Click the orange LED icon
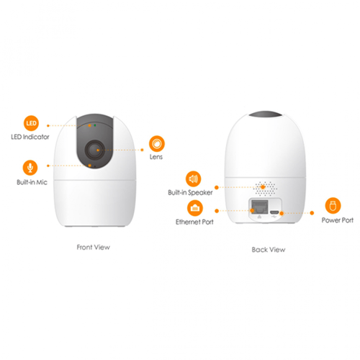pos(31,123)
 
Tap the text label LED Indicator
pos(30,137)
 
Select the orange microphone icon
pos(30,168)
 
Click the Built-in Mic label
pos(32,182)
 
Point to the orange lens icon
pos(157,143)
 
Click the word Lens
pos(156,157)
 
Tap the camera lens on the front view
pos(95,150)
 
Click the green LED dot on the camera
pos(95,125)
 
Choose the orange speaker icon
pos(193,179)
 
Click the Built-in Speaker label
pos(190,192)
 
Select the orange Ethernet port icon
pos(195,208)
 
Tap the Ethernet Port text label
pos(194,222)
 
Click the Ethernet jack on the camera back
pos(259,207)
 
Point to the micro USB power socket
pos(274,212)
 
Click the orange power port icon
pos(333,206)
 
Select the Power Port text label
pos(338,220)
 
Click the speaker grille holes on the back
pos(265,189)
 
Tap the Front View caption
pos(94,247)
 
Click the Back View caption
pos(269,250)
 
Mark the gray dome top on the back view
pos(266,114)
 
